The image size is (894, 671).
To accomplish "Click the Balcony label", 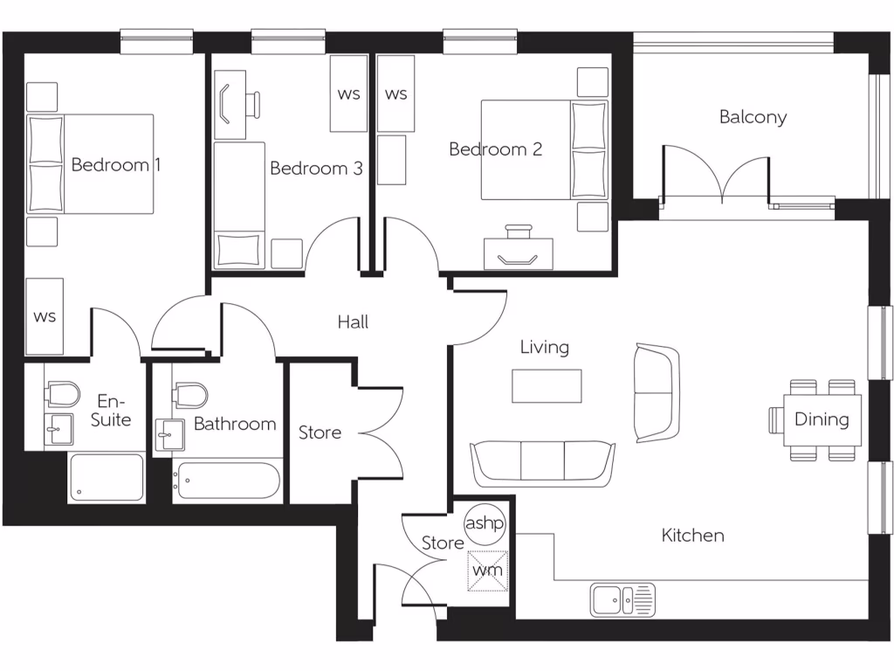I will click(753, 117).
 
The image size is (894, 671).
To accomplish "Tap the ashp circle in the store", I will click(485, 523).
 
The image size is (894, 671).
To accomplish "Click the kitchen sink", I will click(622, 600).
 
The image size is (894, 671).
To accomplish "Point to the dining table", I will click(821, 419).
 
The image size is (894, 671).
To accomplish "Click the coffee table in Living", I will click(547, 385).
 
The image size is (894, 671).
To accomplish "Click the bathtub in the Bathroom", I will click(226, 480).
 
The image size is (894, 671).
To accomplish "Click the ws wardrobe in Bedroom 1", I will click(45, 315).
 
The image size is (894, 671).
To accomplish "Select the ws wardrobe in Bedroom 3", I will click(348, 93).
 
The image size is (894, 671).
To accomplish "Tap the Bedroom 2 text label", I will click(495, 149).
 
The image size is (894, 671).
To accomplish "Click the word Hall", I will click(353, 322).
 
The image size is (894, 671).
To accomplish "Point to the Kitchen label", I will click(692, 535).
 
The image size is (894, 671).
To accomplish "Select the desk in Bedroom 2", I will click(519, 253).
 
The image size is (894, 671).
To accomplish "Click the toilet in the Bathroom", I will click(190, 394).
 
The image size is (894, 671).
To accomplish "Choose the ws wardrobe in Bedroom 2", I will click(395, 93).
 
